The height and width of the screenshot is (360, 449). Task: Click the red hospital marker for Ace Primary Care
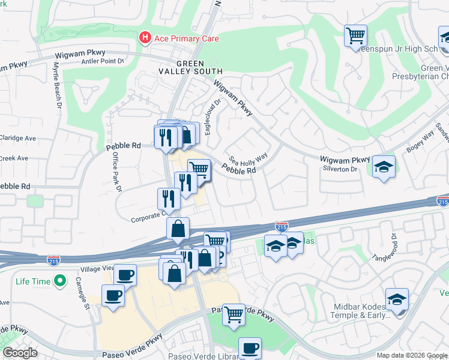pos(145,38)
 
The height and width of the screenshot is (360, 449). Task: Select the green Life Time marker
pos(59,280)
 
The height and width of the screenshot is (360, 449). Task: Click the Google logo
pos(20,353)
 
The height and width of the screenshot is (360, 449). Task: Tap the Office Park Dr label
pos(117,171)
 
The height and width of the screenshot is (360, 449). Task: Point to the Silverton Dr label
pos(340,169)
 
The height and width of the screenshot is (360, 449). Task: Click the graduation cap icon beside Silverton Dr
pos(384,166)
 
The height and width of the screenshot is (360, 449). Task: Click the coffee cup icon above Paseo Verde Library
pos(250,347)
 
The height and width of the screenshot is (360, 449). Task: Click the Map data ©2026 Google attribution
pos(412,355)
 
